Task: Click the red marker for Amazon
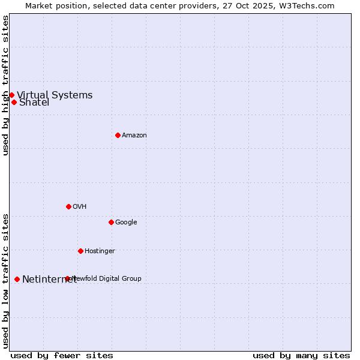(118, 135)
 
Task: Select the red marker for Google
(111, 222)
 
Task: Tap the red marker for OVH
(68, 206)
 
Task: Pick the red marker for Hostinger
(80, 251)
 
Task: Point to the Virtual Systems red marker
(11, 95)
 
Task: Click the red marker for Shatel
(14, 102)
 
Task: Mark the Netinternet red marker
(17, 279)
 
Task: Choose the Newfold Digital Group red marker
(67, 278)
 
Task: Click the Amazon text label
(134, 136)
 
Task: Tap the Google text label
(126, 223)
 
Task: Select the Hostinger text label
(100, 251)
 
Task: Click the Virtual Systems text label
(55, 95)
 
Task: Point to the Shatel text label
(34, 103)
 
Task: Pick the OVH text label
(80, 207)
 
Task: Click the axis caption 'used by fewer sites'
(62, 355)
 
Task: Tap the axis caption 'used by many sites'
(301, 355)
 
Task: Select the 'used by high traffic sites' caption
(5, 85)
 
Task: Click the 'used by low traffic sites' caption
(5, 280)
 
